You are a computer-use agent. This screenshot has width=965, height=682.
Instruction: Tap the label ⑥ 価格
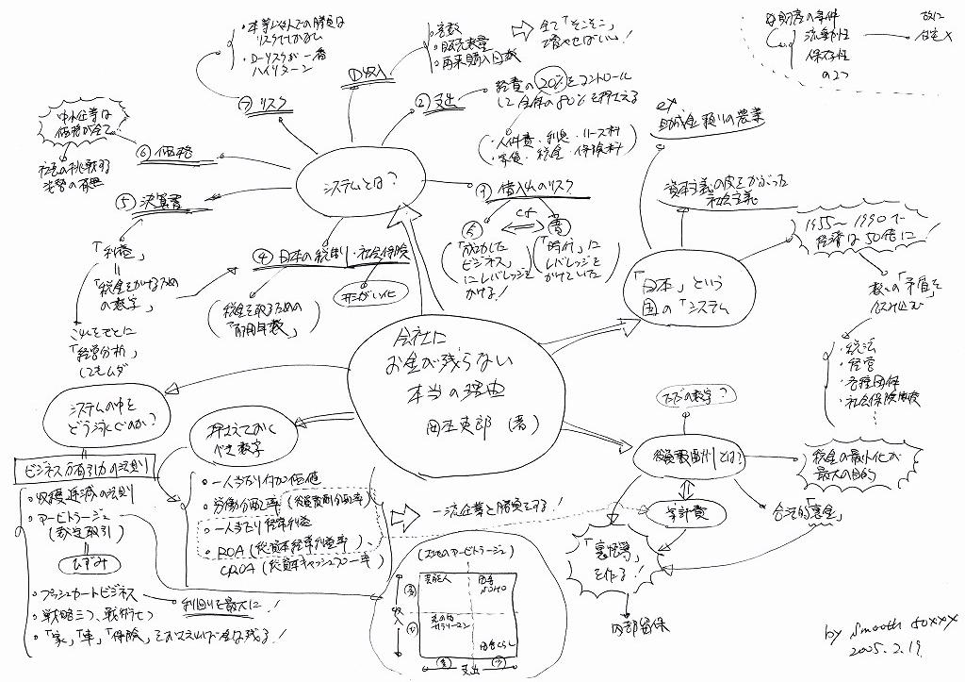coord(165,150)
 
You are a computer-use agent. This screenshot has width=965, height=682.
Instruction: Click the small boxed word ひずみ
coord(74,563)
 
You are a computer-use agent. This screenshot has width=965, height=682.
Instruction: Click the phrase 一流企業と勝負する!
coord(499,506)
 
